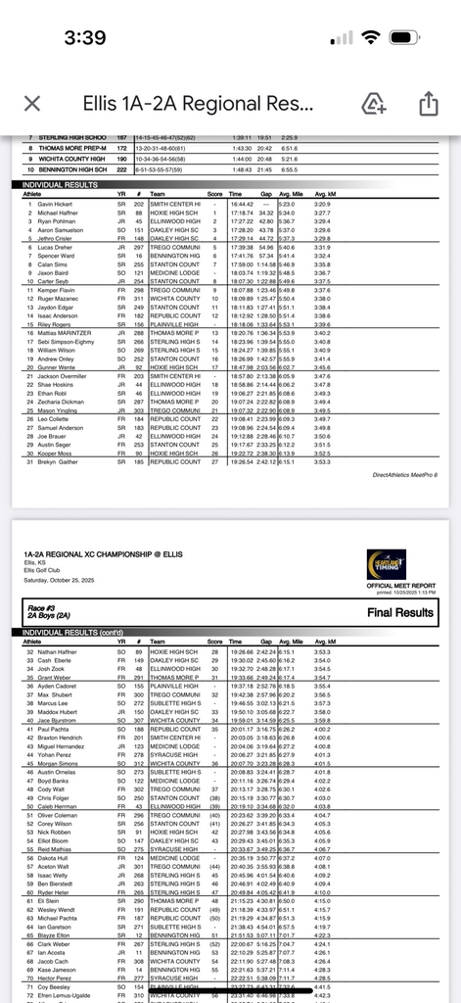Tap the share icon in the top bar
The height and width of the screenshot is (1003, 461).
[428, 104]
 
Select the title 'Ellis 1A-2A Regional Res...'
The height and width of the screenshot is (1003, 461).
[196, 104]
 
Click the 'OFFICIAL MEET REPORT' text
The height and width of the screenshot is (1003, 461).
[392, 586]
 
